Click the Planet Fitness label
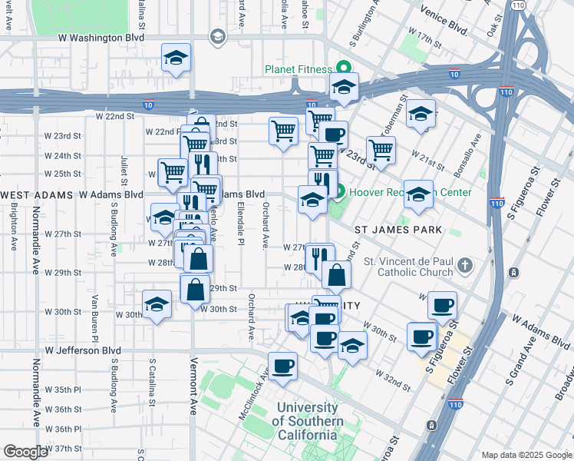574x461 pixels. point(299,69)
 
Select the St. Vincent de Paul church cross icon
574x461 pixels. point(463,267)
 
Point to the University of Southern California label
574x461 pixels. point(307,421)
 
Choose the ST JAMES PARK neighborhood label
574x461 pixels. point(398,230)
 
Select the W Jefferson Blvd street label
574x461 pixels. point(83,350)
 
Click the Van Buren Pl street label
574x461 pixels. point(95,317)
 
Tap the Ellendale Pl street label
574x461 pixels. point(240,224)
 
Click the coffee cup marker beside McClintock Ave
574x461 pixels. point(282,366)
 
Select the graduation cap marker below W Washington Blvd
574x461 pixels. point(176,58)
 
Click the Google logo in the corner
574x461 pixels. point(25,452)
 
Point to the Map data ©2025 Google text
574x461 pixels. point(526,455)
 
